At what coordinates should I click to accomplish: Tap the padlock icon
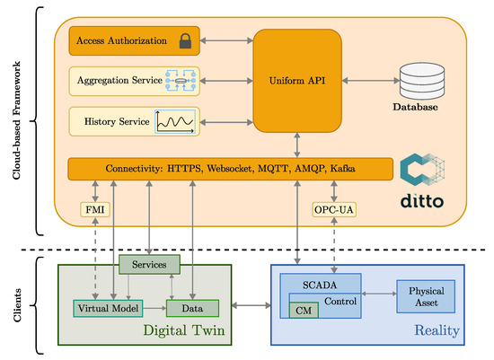[185, 40]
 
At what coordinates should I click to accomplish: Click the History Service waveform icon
[175, 120]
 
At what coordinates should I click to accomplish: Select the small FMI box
[95, 209]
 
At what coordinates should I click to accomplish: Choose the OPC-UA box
[334, 209]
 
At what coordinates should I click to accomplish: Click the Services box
[149, 265]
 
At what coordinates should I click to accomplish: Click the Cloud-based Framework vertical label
[17, 118]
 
